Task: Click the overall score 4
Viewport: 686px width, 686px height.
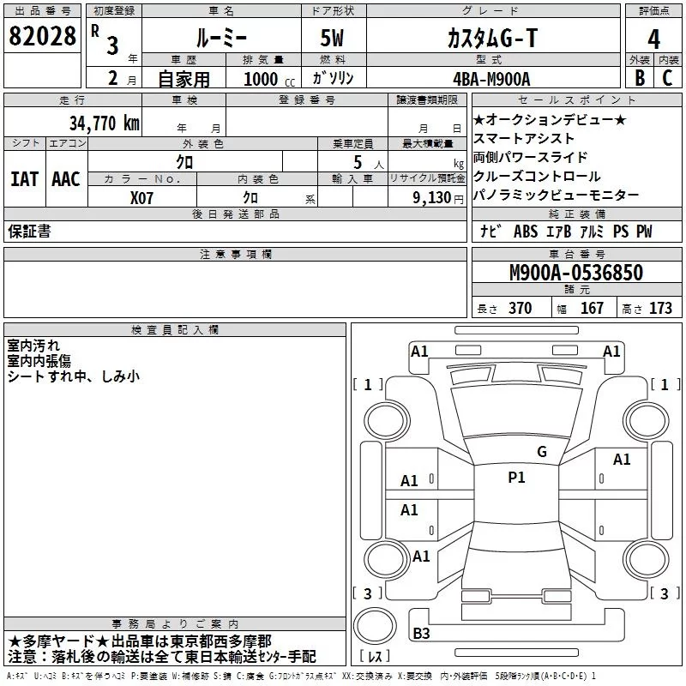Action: [x=654, y=39]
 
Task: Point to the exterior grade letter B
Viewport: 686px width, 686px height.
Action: [x=638, y=78]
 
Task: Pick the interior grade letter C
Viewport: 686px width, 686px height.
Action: [x=668, y=78]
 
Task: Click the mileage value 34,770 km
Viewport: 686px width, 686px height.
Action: [x=104, y=123]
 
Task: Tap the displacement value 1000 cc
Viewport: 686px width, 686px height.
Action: [x=262, y=79]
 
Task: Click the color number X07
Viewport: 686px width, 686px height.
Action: [x=143, y=197]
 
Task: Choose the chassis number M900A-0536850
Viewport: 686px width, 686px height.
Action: [x=575, y=273]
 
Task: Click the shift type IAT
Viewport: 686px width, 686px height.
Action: [x=24, y=179]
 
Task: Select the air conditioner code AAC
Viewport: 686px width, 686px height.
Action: [x=66, y=179]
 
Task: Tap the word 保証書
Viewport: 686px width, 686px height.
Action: [x=29, y=232]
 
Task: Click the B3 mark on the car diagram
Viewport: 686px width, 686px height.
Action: [x=421, y=634]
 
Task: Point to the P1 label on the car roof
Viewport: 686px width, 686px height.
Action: [x=516, y=478]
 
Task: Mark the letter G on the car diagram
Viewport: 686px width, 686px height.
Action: [x=541, y=452]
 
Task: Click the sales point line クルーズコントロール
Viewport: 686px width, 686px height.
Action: [x=537, y=177]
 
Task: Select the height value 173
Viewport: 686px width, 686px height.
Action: [x=660, y=309]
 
